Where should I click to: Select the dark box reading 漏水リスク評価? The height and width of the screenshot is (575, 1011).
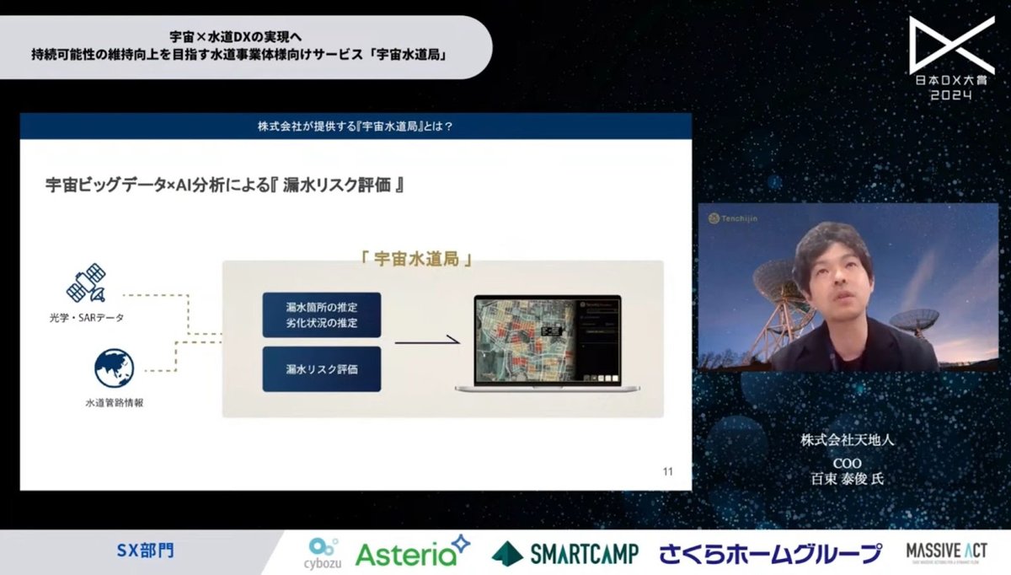coord(322,368)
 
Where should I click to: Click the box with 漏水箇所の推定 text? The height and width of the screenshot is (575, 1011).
coord(322,314)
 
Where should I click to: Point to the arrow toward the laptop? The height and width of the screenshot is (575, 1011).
coord(428,341)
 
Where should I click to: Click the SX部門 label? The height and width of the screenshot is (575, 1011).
coord(145,552)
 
